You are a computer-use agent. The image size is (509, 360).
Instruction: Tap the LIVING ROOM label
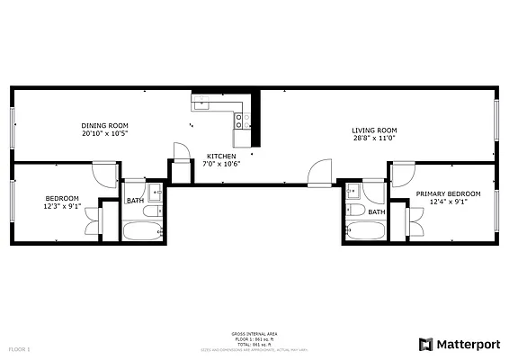coord(374,130)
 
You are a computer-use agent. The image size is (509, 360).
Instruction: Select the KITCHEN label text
coord(221,156)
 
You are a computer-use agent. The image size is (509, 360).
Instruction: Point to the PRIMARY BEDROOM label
coord(448,193)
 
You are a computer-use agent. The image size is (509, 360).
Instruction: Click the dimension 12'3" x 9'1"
coord(63,206)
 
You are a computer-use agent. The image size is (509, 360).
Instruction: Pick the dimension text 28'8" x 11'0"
coord(374,139)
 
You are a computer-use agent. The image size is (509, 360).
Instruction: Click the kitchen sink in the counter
coord(202,102)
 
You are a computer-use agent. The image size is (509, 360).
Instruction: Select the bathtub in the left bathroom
coord(142,232)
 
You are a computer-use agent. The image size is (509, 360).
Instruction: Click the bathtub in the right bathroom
coord(365,231)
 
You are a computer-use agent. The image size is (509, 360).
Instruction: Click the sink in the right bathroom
coord(353,191)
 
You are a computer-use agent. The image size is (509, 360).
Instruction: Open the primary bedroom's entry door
coord(402,174)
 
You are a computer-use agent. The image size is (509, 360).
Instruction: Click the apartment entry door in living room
coord(319,174)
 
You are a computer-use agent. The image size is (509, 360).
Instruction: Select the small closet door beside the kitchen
coord(181,152)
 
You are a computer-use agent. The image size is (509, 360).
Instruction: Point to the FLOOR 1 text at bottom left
coord(19,348)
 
